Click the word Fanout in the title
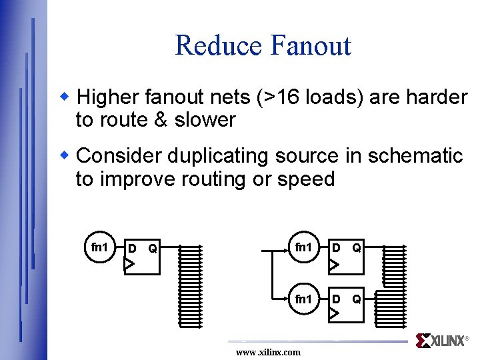[x=311, y=45]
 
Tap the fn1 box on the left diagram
[x=100, y=248]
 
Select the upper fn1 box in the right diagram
[x=304, y=248]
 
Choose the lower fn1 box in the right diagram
[x=304, y=299]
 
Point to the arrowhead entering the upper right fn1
[x=284, y=249]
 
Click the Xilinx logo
[x=441, y=341]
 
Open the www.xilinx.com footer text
[x=268, y=352]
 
